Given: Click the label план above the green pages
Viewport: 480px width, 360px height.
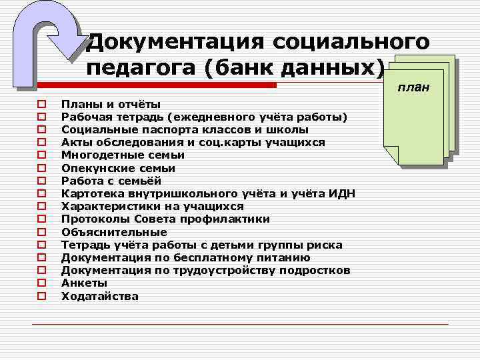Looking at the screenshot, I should click(414, 88).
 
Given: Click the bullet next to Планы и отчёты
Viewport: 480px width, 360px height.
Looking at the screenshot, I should click(41, 105).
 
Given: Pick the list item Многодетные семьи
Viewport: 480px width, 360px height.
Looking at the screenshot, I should click(123, 155).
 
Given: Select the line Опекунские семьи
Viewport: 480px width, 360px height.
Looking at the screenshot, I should click(118, 168).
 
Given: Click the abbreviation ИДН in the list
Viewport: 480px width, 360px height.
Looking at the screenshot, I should click(341, 193).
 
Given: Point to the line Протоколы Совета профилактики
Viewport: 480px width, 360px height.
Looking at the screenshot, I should click(165, 219).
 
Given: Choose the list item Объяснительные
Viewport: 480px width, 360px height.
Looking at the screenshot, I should click(114, 232).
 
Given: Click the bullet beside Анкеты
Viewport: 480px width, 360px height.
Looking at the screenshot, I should click(41, 283).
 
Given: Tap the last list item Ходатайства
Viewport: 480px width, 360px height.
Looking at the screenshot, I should click(100, 296).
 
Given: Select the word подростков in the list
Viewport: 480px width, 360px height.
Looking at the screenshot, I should click(313, 270).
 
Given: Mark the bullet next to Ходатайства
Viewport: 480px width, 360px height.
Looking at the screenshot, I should click(41, 296).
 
